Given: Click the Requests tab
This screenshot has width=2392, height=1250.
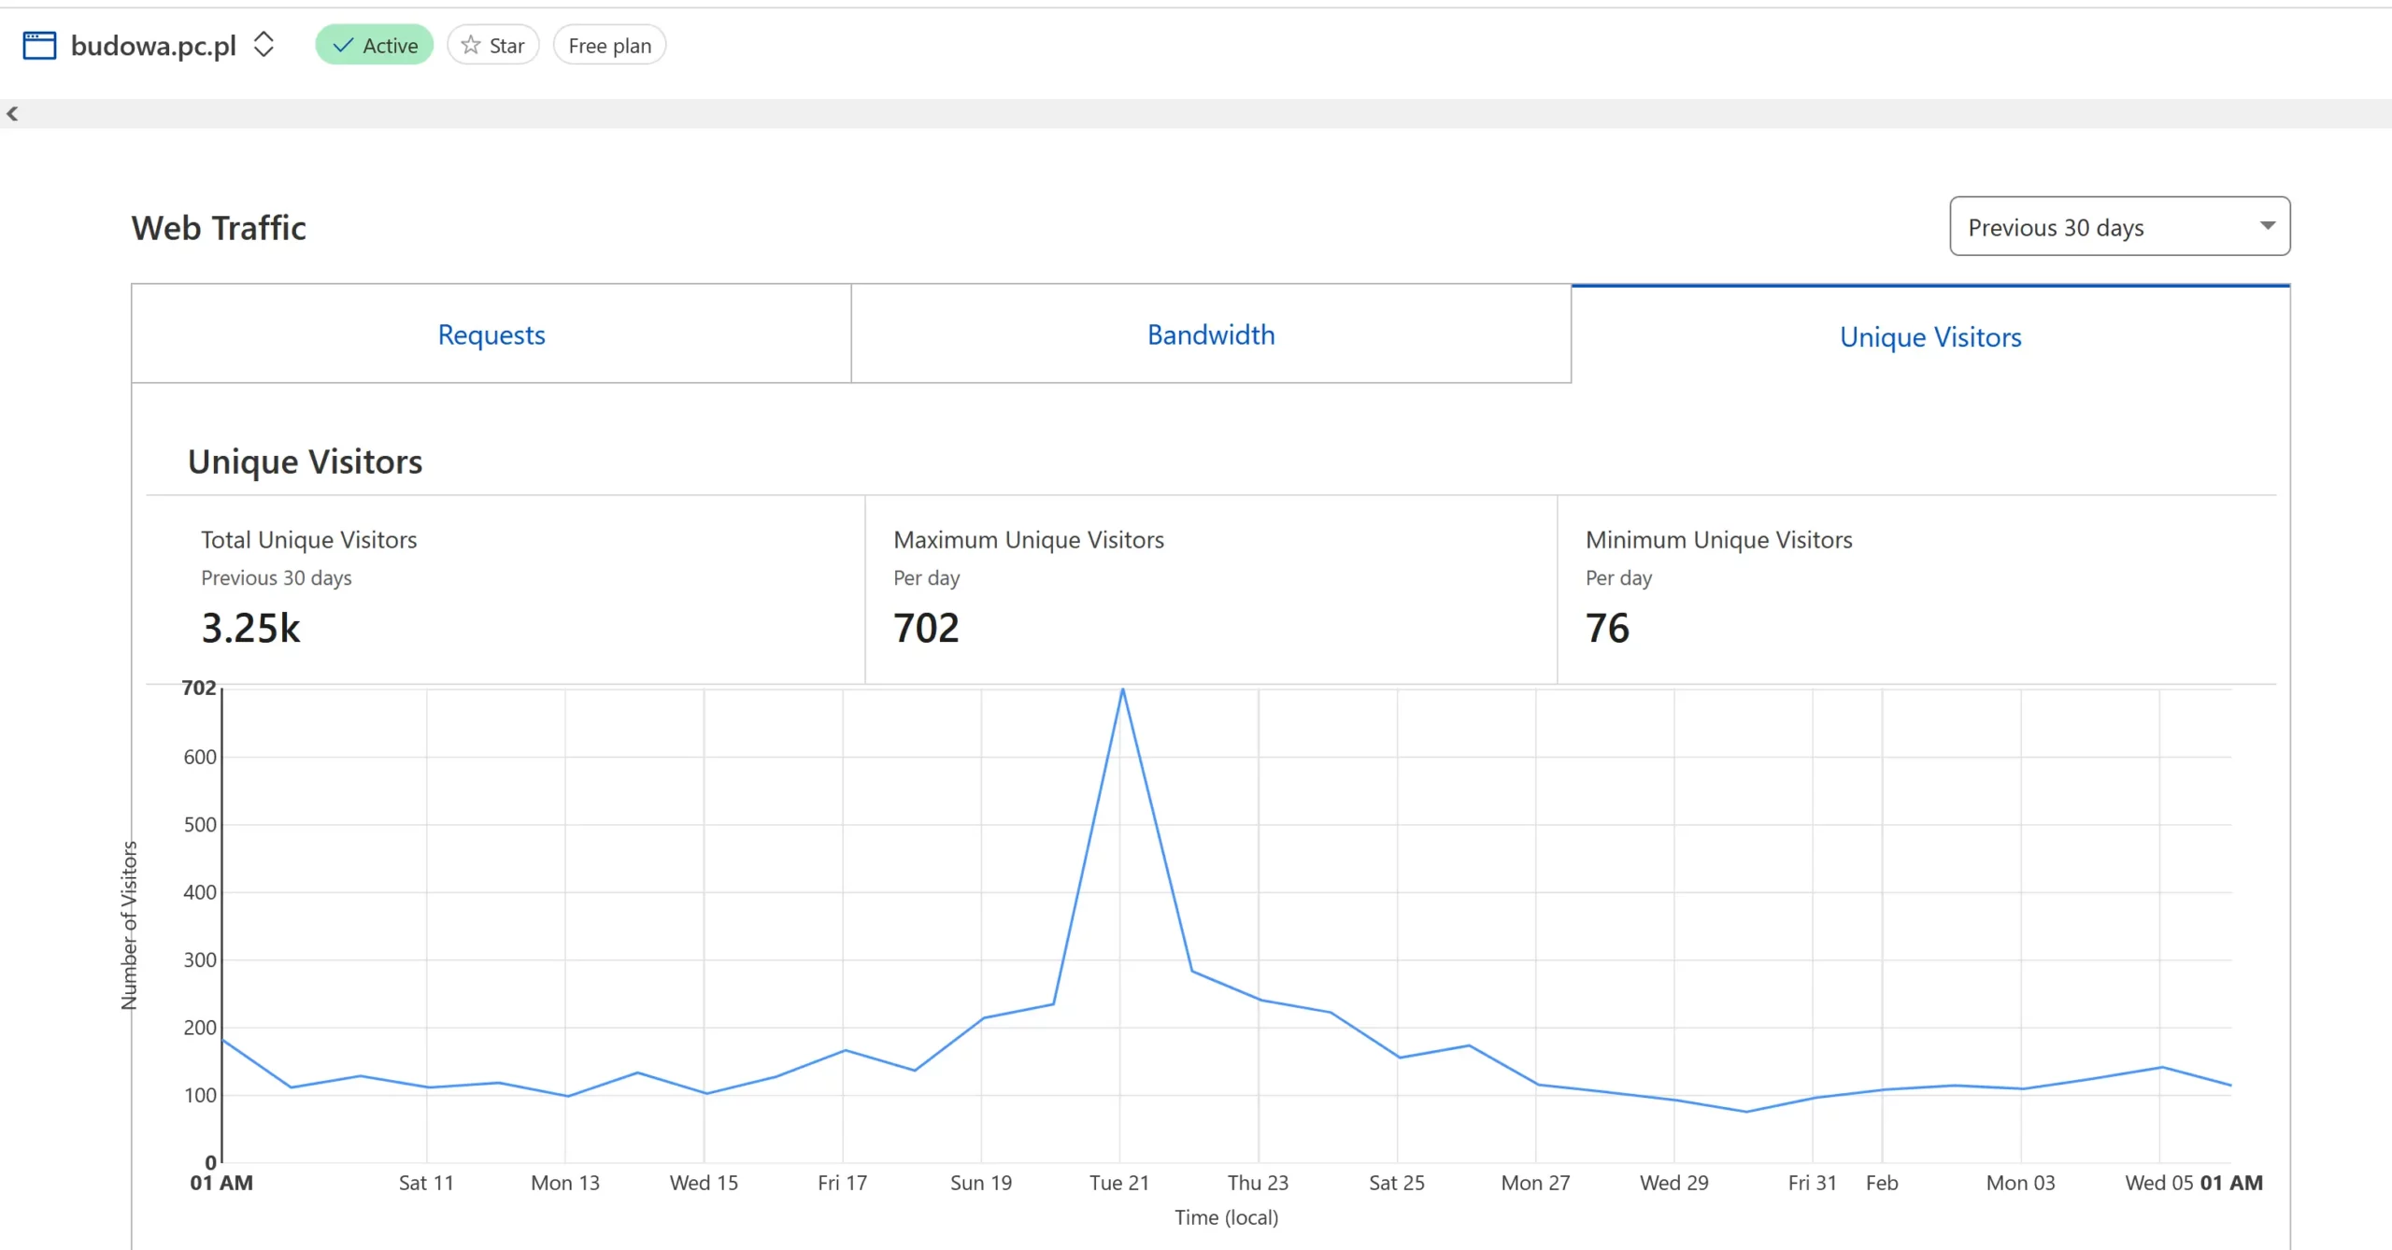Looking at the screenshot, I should pyautogui.click(x=491, y=334).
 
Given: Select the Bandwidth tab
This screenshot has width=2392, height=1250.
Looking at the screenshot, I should pyautogui.click(x=1211, y=334).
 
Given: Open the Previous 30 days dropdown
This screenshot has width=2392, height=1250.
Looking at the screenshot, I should pyautogui.click(x=2119, y=226).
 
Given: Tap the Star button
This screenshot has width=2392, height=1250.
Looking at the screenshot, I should pyautogui.click(x=493, y=46).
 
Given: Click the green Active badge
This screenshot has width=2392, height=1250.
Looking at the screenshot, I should pyautogui.click(x=375, y=46).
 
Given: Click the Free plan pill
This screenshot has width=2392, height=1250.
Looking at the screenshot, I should pyautogui.click(x=609, y=46).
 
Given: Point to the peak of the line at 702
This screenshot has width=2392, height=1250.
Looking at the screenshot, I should pyautogui.click(x=1122, y=689).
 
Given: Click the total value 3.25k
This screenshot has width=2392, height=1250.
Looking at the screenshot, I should pyautogui.click(x=250, y=628).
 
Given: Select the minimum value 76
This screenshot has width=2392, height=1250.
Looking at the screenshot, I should pyautogui.click(x=1607, y=628).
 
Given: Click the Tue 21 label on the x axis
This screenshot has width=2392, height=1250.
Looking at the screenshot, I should pyautogui.click(x=1118, y=1183).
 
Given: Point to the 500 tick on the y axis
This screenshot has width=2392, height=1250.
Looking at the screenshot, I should pyautogui.click(x=200, y=825).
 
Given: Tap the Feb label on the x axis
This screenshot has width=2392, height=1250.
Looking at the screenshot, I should pyautogui.click(x=1882, y=1183).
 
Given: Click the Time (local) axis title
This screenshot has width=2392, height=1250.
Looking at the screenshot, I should pyautogui.click(x=1226, y=1217).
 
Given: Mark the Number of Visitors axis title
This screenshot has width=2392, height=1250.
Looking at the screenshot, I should pyautogui.click(x=129, y=925).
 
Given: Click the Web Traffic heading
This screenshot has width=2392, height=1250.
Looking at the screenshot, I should pyautogui.click(x=219, y=228).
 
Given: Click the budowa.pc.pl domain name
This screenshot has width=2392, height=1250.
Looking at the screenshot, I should pyautogui.click(x=153, y=46).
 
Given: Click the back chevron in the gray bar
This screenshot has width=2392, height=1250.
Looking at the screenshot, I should pyautogui.click(x=12, y=114).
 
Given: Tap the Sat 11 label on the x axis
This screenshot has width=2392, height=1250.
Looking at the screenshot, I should pyautogui.click(x=426, y=1183).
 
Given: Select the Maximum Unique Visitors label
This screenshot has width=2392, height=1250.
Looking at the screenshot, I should pyautogui.click(x=1029, y=540).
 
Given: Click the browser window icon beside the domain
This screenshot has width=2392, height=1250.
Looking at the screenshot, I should pyautogui.click(x=39, y=46).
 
